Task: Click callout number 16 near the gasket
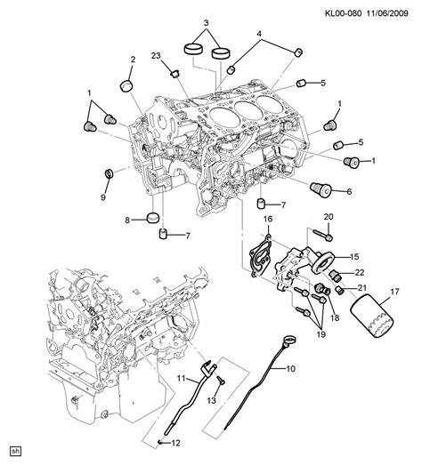point(268,218)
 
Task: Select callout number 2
point(132,60)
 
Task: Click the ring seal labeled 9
point(109,171)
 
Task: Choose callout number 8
point(127,220)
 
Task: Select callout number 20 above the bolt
point(329,217)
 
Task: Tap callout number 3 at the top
point(207,22)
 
